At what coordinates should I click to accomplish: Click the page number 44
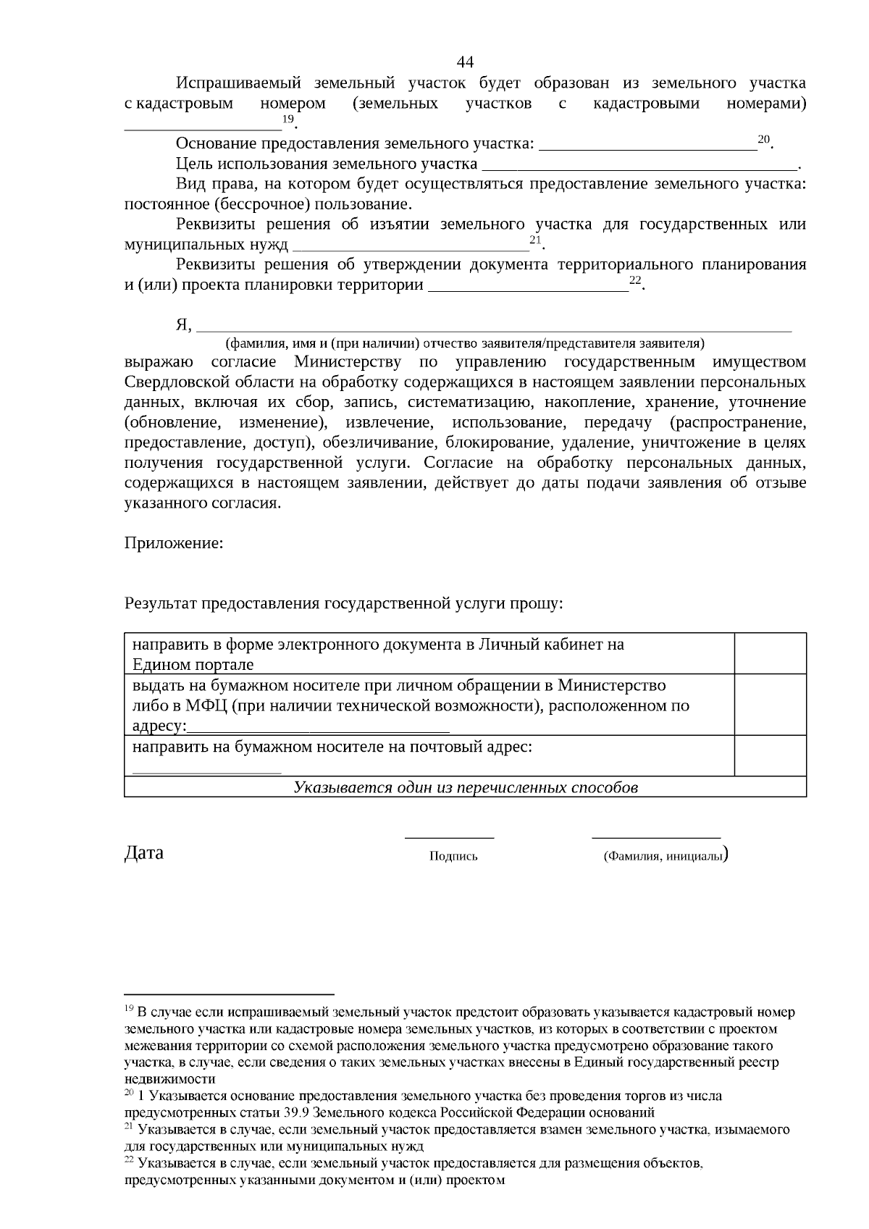[466, 61]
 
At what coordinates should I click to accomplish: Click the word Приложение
[173, 542]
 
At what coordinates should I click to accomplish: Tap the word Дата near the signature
[144, 852]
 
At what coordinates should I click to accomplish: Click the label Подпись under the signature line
[453, 856]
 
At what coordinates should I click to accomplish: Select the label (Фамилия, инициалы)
[664, 856]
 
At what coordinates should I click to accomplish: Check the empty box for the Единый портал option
[770, 653]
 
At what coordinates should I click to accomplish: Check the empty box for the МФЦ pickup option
[770, 704]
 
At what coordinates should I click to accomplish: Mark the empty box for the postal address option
[770, 755]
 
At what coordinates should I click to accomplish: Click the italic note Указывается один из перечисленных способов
[465, 787]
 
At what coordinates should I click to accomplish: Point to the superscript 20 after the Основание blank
[763, 138]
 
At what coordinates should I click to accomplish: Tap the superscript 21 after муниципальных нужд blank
[535, 240]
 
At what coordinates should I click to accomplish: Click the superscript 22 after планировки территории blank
[635, 280]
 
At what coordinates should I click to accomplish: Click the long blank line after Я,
[494, 328]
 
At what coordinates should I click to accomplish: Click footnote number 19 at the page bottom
[129, 1009]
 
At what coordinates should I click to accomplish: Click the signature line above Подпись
[449, 837]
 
